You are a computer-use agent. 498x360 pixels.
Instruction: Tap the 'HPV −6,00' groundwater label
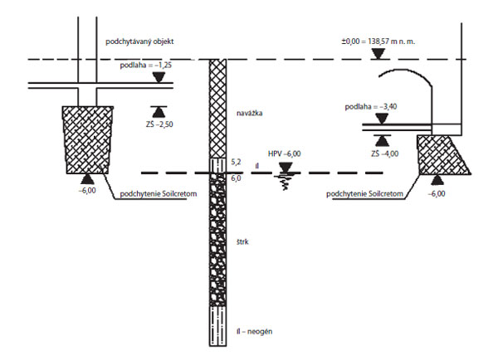[x=285, y=153]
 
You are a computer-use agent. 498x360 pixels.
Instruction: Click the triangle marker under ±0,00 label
[x=378, y=54]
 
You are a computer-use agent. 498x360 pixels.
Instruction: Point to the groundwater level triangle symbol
[x=286, y=168]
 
